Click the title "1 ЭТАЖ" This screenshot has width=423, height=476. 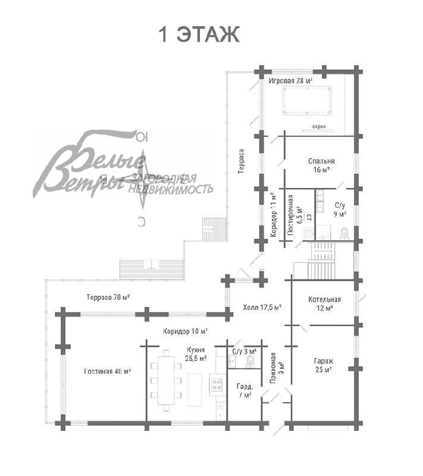[x=199, y=35]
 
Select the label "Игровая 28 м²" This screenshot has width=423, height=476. [x=292, y=80]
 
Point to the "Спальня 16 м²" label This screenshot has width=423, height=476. [x=321, y=165]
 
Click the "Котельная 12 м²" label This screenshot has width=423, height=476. [x=324, y=303]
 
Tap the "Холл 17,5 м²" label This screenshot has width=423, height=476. [x=262, y=308]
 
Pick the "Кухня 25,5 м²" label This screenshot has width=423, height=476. [x=196, y=354]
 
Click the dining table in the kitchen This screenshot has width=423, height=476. [x=167, y=380]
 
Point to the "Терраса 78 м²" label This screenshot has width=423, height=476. [x=108, y=297]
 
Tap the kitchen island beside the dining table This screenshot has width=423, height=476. [x=195, y=390]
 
